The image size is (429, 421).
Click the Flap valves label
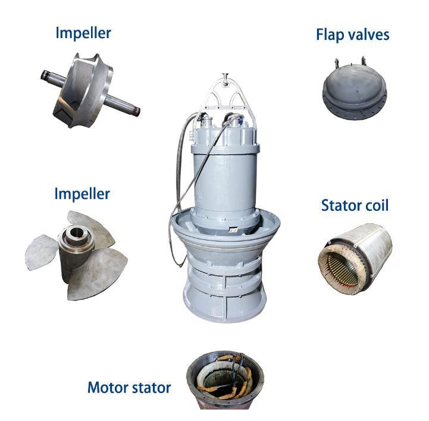point(352,35)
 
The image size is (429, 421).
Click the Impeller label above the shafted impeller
point(83,32)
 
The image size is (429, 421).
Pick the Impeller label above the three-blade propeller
point(82,194)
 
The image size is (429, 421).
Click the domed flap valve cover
point(354,83)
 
